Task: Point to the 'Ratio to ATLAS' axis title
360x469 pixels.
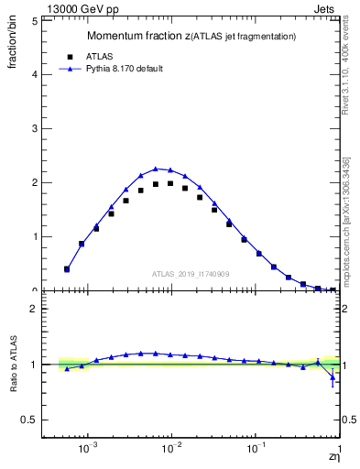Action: (x=12, y=364)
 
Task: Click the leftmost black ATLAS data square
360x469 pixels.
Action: (x=67, y=269)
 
